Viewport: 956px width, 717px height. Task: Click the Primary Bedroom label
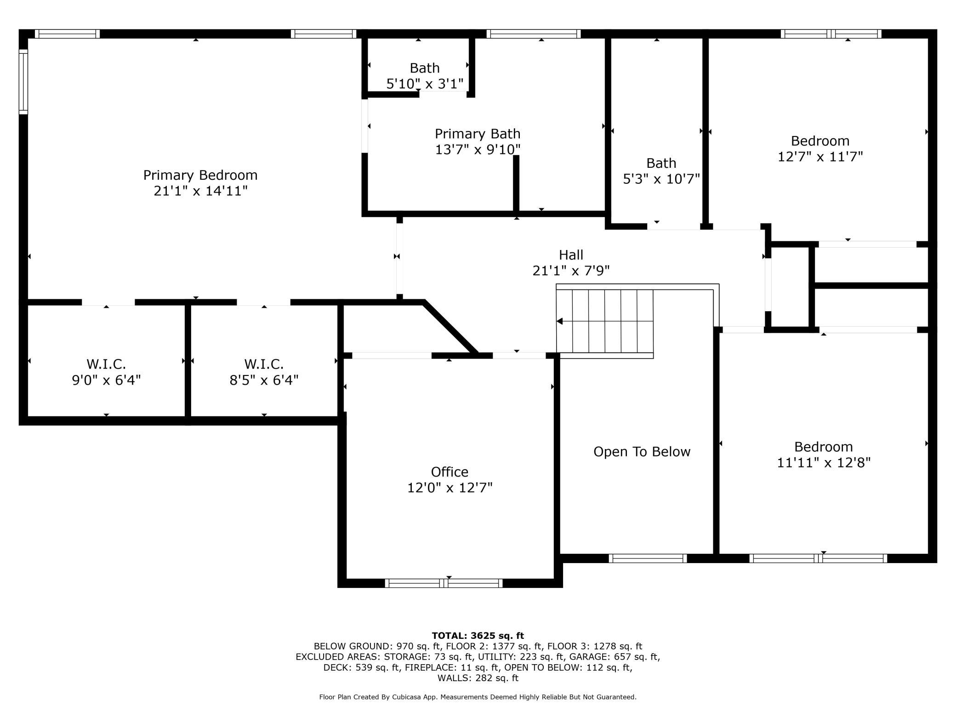coord(200,175)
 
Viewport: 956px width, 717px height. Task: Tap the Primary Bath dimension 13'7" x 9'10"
coord(478,150)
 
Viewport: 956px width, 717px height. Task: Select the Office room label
coord(450,472)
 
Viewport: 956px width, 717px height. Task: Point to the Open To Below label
coord(642,452)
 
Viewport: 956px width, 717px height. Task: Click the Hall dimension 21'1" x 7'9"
coord(571,271)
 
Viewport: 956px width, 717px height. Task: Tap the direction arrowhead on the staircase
coord(559,321)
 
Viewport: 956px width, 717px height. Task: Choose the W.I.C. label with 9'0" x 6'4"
coord(106,364)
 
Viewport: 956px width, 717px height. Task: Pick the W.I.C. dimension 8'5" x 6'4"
coord(264,380)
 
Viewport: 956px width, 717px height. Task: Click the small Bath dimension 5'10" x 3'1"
coord(425,84)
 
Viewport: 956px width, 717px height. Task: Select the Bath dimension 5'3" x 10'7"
coord(661,179)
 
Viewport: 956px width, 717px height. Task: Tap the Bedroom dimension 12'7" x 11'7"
coord(820,157)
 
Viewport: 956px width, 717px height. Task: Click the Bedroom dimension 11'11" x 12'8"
coord(824,462)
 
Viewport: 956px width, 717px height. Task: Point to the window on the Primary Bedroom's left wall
coord(23,81)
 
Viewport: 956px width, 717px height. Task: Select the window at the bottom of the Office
coord(444,583)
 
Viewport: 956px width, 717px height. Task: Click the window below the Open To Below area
coord(648,558)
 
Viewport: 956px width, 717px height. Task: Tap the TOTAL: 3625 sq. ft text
coord(478,636)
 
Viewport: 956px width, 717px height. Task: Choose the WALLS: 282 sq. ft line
coord(478,678)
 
